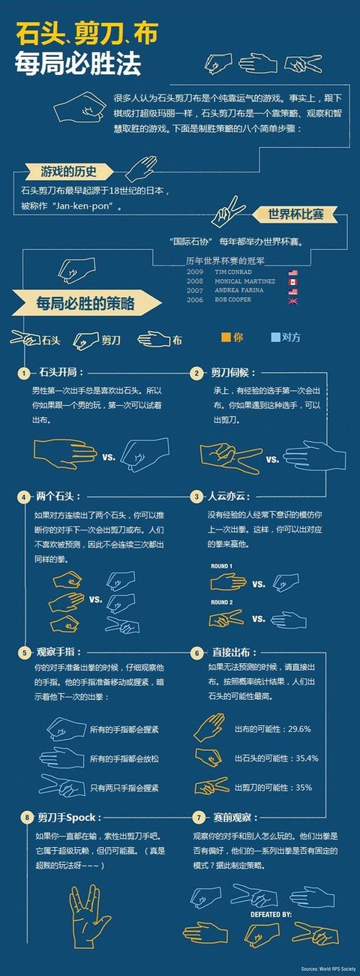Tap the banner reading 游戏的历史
(x=68, y=171)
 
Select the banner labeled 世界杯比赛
(x=295, y=215)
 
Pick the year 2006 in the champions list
(x=195, y=300)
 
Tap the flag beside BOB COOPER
(x=292, y=300)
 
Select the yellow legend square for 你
(x=226, y=337)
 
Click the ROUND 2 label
(x=221, y=602)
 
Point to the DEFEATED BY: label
(x=271, y=915)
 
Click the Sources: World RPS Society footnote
(x=327, y=967)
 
